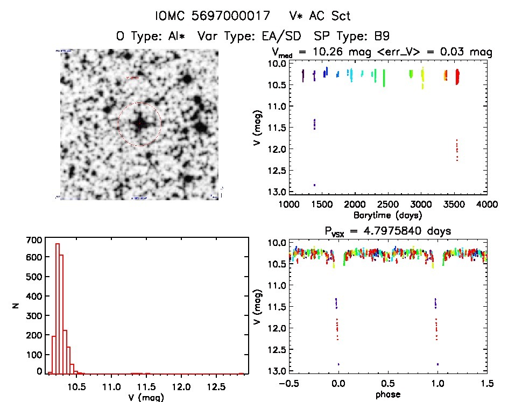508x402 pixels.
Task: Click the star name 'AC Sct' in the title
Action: point(331,16)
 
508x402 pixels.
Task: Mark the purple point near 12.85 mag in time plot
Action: point(314,185)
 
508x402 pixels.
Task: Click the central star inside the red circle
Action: point(139,123)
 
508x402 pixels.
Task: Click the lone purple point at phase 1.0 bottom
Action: point(438,364)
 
